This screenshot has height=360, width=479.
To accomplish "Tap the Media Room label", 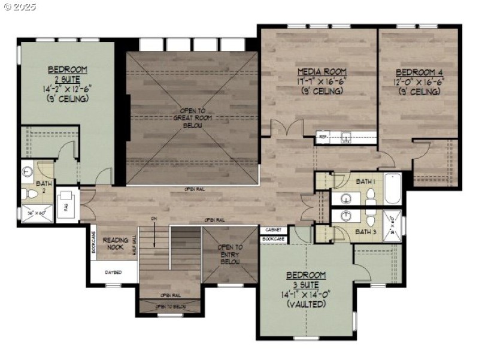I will tap(322, 72).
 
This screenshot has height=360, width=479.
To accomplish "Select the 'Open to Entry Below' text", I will tap(230, 254).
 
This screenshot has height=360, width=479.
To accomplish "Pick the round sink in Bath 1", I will tap(347, 198).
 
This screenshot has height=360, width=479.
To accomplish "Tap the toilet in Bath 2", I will tap(29, 195).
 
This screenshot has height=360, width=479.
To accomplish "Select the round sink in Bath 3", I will tap(347, 215).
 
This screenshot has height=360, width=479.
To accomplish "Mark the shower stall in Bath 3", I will tap(393, 225).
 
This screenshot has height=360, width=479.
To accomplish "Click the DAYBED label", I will tap(114, 272).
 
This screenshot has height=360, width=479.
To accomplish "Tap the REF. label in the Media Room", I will tap(323, 137).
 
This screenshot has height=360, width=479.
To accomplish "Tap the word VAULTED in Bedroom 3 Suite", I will tap(305, 304).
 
